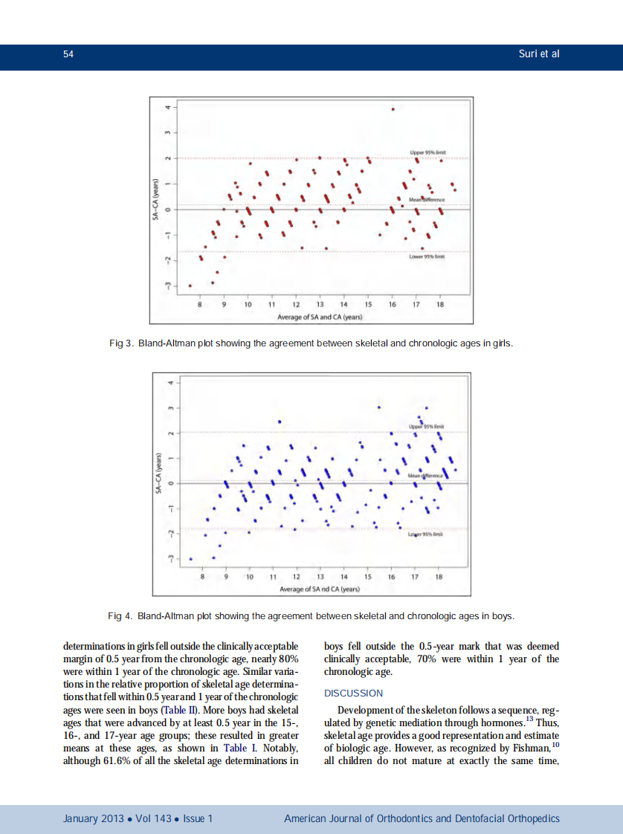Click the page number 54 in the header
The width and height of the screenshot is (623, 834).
point(67,54)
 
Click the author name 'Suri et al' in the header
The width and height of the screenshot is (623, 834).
point(538,54)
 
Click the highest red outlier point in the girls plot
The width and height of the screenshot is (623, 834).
point(393,109)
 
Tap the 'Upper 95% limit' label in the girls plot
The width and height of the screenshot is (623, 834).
point(427,152)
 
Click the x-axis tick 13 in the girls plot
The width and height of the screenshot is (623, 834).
point(320,306)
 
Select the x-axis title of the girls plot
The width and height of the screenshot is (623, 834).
point(320,317)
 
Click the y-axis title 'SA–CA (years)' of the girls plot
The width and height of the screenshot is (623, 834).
point(156,198)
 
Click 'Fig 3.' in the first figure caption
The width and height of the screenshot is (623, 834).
point(120,344)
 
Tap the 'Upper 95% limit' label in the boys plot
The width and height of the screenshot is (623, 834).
point(427,427)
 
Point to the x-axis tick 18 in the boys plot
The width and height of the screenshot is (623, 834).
point(439,577)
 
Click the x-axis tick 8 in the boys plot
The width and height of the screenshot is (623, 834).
point(203,577)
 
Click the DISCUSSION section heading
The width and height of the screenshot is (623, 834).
point(354,693)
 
